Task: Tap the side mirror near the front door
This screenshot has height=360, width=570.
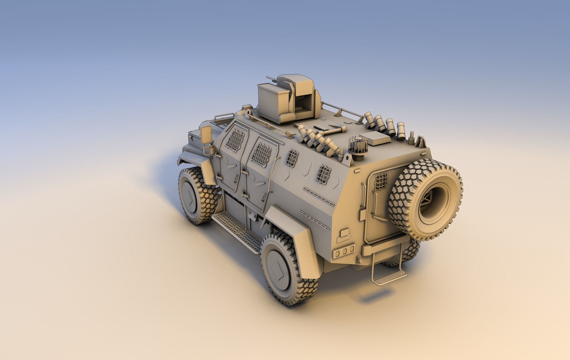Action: [x=206, y=135]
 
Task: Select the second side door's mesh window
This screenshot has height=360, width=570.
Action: [x=262, y=151]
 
